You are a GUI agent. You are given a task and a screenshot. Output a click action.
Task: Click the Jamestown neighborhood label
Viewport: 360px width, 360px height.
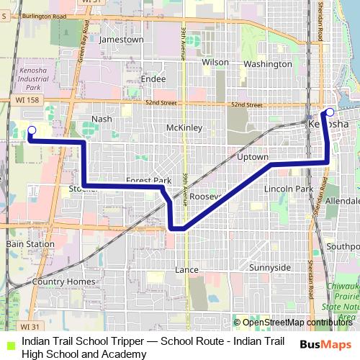tap(122, 40)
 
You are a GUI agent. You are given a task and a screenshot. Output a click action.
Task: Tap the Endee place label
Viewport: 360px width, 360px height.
tap(154, 78)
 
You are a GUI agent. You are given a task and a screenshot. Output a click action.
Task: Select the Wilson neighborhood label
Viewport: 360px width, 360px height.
tap(215, 63)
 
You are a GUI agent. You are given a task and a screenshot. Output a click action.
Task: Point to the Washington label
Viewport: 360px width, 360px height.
tap(267, 63)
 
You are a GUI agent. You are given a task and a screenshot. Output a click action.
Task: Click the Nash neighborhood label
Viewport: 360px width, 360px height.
tap(102, 119)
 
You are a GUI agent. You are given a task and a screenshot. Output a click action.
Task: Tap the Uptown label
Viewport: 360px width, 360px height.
tap(252, 157)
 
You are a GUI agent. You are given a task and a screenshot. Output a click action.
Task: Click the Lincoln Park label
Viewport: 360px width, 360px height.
tap(288, 189)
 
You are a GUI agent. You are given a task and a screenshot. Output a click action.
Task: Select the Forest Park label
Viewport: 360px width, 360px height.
tap(148, 181)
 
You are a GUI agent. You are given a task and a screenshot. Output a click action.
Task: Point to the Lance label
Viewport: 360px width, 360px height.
tap(186, 269)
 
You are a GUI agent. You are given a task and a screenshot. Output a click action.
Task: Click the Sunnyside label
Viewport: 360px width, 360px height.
tap(269, 267)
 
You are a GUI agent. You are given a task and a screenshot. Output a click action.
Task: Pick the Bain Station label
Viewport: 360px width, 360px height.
tap(30, 244)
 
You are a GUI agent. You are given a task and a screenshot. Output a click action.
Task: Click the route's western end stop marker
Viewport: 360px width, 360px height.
tap(31, 130)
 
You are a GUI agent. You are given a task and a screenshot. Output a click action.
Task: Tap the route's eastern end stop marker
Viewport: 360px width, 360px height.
tap(330, 112)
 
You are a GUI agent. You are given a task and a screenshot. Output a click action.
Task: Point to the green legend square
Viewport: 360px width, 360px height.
tap(9, 343)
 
